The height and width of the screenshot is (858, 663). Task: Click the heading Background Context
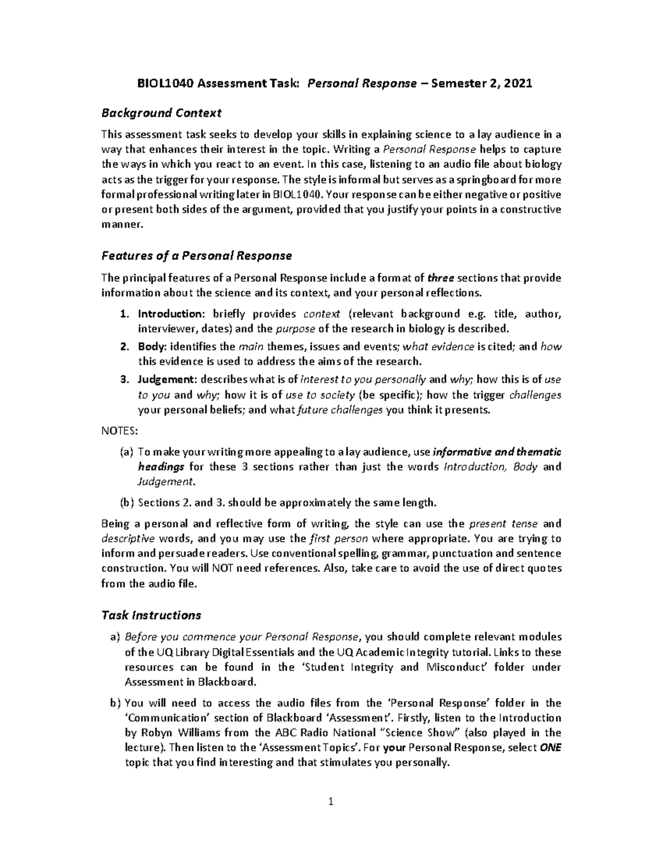pyautogui.click(x=161, y=113)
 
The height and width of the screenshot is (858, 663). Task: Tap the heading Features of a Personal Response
pyautogui.click(x=196, y=256)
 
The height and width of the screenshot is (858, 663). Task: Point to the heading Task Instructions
pyautogui.click(x=151, y=615)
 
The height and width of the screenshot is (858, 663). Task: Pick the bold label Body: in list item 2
pyautogui.click(x=152, y=348)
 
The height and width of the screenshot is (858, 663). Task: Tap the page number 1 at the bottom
pyautogui.click(x=331, y=802)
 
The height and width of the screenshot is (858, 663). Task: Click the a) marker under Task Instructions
pyautogui.click(x=115, y=637)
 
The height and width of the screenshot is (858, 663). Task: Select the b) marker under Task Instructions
pyautogui.click(x=115, y=703)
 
